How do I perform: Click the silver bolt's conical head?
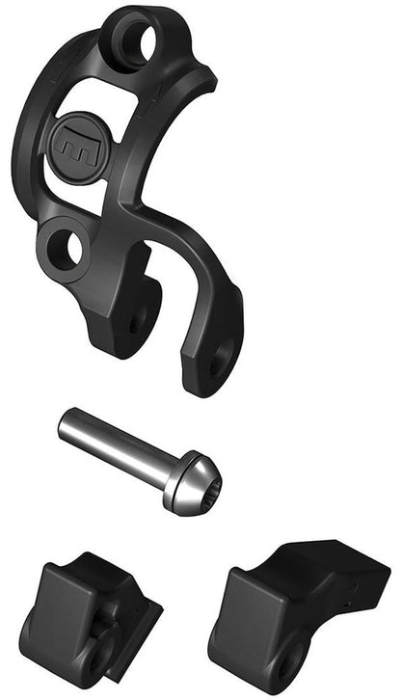click(x=191, y=485)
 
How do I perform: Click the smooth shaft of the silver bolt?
click(x=116, y=444)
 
